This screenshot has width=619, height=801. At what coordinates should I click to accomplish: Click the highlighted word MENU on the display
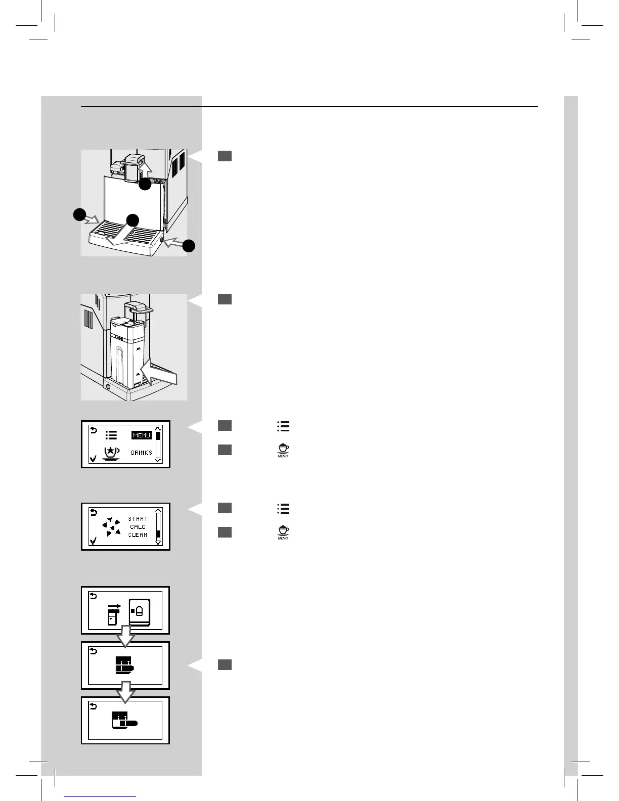tap(142, 435)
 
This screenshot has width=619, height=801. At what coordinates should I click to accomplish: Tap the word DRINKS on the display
tap(142, 453)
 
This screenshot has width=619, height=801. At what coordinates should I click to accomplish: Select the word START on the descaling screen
tap(138, 519)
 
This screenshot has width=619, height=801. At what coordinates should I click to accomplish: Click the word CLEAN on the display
tap(138, 535)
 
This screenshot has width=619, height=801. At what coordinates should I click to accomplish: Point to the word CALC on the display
tap(138, 527)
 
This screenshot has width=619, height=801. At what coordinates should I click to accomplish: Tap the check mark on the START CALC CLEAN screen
tap(93, 542)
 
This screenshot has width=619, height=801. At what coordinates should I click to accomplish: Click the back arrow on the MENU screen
tap(93, 430)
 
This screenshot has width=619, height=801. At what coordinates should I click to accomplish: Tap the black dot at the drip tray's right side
tap(189, 246)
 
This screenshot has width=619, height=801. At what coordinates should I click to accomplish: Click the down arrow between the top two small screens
tap(125, 636)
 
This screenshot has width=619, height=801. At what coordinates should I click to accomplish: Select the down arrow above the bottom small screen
tap(125, 691)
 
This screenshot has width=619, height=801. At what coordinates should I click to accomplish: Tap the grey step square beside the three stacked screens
tap(225, 664)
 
